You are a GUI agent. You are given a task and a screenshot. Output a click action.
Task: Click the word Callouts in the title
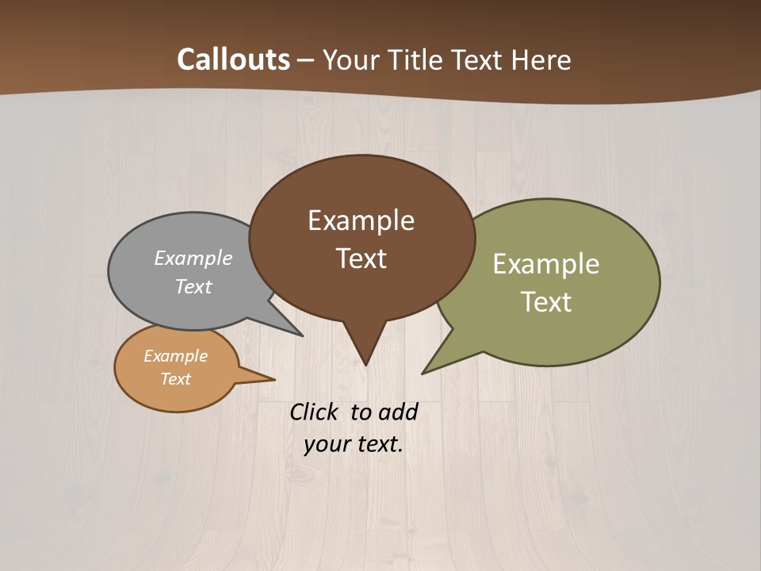233,59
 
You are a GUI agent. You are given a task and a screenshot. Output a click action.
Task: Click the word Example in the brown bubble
361,220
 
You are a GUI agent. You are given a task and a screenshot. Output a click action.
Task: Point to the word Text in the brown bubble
361,259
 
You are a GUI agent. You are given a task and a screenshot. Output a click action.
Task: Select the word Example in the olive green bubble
546,264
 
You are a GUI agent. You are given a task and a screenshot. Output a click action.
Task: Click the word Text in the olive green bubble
546,302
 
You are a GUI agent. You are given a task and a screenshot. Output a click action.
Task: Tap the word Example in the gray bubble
193,258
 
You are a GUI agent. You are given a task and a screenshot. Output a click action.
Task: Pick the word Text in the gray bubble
193,286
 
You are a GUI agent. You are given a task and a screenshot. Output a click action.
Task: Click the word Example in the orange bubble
175,356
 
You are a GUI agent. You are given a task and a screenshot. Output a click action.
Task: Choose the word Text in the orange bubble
175,379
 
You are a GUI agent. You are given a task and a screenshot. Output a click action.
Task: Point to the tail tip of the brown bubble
365,363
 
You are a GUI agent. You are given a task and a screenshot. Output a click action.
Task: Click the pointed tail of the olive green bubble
424,372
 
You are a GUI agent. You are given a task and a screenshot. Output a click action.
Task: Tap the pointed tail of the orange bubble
272,379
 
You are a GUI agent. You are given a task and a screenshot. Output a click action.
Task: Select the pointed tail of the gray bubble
300,335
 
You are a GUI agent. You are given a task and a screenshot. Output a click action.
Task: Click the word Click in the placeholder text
314,412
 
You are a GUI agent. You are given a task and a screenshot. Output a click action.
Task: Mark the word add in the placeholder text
398,412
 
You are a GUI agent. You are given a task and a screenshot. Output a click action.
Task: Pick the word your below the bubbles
325,444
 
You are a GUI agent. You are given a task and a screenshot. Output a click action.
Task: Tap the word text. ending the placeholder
377,444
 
